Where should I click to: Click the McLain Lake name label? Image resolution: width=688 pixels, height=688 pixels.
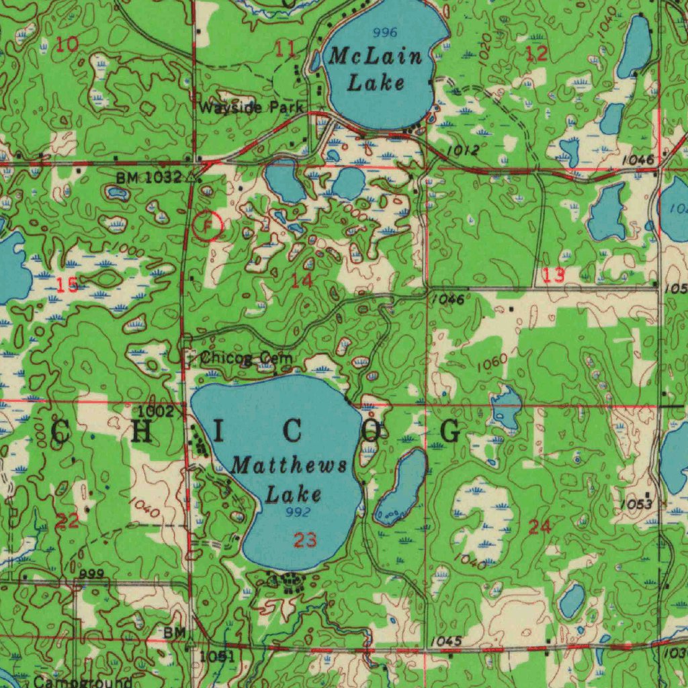(376, 69)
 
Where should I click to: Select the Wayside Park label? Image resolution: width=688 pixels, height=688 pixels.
(251, 107)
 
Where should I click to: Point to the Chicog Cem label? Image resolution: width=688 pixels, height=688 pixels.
(246, 358)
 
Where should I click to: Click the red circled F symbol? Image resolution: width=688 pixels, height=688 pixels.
(208, 225)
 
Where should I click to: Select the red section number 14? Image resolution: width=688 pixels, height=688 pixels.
(302, 282)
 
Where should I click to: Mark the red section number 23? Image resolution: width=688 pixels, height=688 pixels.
(305, 540)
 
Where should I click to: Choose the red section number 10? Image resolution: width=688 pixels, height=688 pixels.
(67, 45)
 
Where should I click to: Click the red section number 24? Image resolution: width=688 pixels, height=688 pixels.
(540, 527)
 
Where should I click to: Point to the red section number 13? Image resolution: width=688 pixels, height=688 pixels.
(554, 274)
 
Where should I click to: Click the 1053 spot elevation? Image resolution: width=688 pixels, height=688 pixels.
(636, 504)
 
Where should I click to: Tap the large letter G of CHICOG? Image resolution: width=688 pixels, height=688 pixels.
(450, 431)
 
